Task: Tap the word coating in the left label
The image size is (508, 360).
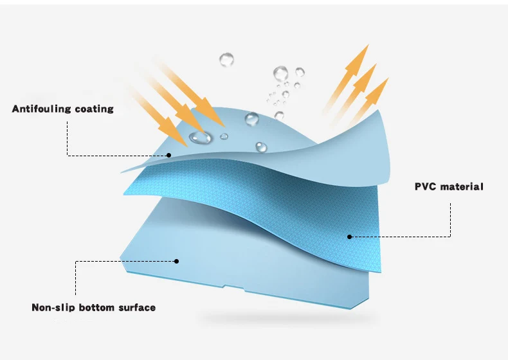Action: (93, 109)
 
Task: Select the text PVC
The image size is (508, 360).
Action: (426, 187)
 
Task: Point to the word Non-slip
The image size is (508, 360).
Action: (53, 307)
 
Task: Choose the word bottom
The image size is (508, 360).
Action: (97, 307)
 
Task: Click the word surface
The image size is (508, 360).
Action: (136, 307)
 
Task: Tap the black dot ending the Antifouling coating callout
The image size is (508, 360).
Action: (168, 154)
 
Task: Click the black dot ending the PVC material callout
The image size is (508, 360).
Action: (350, 237)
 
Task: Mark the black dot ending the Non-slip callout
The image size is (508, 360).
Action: (176, 261)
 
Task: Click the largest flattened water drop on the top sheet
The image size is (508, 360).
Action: (200, 136)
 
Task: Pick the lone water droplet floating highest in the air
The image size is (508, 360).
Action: (226, 60)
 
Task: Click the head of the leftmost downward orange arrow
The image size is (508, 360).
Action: (177, 135)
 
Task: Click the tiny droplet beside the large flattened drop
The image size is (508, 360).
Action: (224, 136)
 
